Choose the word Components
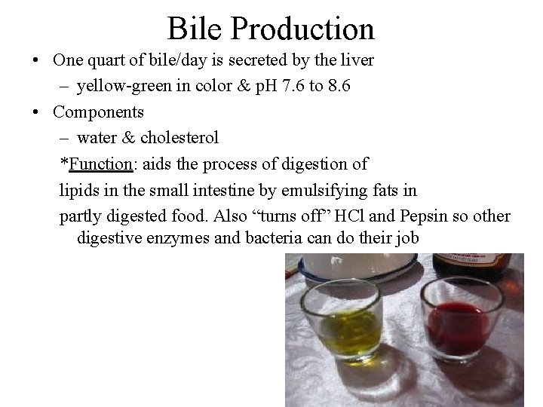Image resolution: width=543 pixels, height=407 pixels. [x=99, y=112]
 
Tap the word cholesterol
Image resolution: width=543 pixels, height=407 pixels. [x=180, y=138]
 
